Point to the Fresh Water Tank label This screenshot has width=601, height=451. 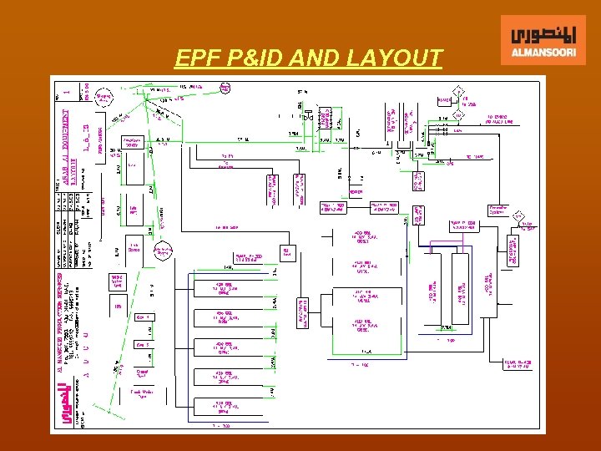coord(143,394)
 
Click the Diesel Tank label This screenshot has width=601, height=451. coord(143,373)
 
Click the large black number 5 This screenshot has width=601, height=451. coord(357,134)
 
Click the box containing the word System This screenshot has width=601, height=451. coord(500,210)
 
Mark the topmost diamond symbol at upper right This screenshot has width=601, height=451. coord(457,91)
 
